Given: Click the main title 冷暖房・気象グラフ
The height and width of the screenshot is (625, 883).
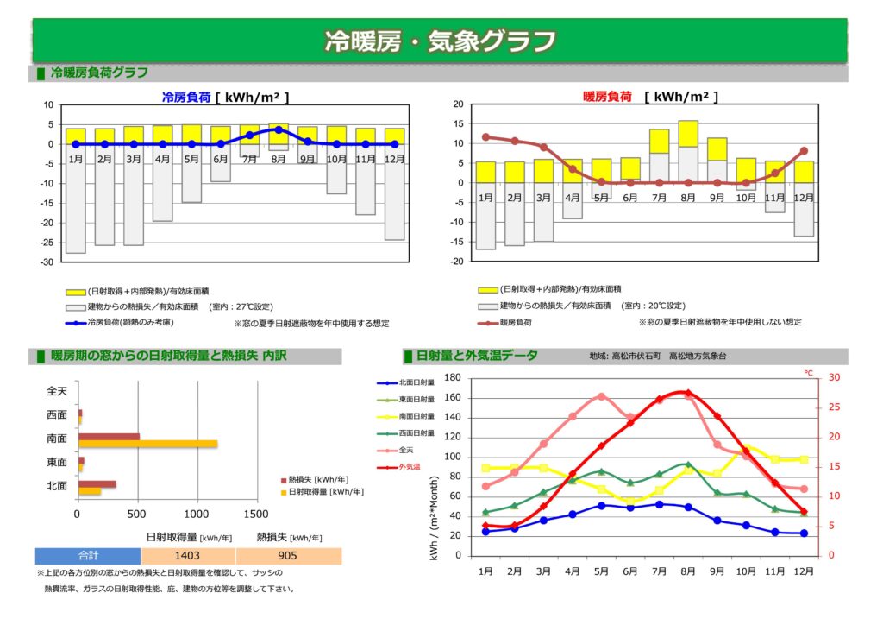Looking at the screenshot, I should [x=440, y=41].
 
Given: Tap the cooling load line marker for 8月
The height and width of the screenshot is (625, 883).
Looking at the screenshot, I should [x=278, y=129].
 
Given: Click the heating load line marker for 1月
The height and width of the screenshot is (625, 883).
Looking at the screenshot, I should [x=485, y=136].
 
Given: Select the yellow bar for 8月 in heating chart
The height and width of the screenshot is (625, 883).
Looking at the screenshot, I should [x=688, y=133].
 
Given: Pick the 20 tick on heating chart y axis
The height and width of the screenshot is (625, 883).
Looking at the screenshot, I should [x=459, y=104].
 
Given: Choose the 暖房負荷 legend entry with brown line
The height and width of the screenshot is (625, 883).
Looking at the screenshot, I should [x=515, y=322].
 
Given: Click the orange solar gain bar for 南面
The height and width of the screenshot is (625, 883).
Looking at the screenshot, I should [x=147, y=444].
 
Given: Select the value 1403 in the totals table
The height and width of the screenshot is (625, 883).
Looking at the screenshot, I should [x=187, y=556].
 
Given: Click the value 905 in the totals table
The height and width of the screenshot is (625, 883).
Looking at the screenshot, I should [x=288, y=556].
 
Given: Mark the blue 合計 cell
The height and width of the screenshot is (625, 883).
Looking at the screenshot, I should [x=88, y=556].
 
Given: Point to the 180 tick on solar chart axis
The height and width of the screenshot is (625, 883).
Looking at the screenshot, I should [x=452, y=377].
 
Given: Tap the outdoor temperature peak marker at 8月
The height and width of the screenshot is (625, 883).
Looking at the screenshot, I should [x=687, y=393].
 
